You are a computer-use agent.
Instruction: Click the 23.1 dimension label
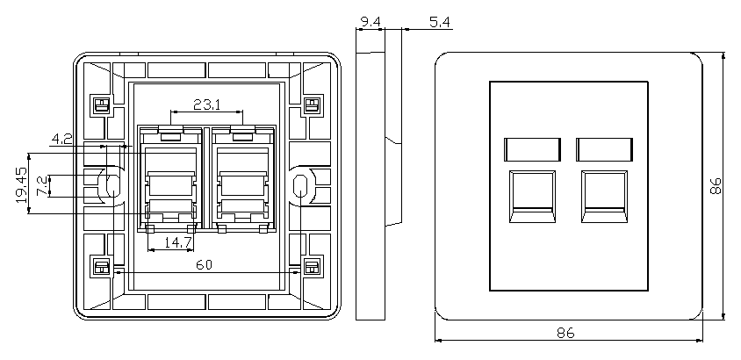tap(206, 104)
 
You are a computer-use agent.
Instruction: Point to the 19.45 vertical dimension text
tap(22, 185)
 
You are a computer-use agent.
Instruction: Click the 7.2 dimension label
tap(40, 185)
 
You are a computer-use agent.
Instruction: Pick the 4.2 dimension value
tap(61, 138)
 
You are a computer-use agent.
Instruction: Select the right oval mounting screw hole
tap(300, 185)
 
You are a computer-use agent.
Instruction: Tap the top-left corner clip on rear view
tap(100, 105)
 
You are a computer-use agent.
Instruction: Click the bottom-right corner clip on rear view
tap(311, 266)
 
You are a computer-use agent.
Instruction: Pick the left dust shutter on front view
tap(532, 148)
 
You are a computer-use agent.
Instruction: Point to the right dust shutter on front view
tap(605, 148)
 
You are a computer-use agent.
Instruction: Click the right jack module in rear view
tap(243, 180)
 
